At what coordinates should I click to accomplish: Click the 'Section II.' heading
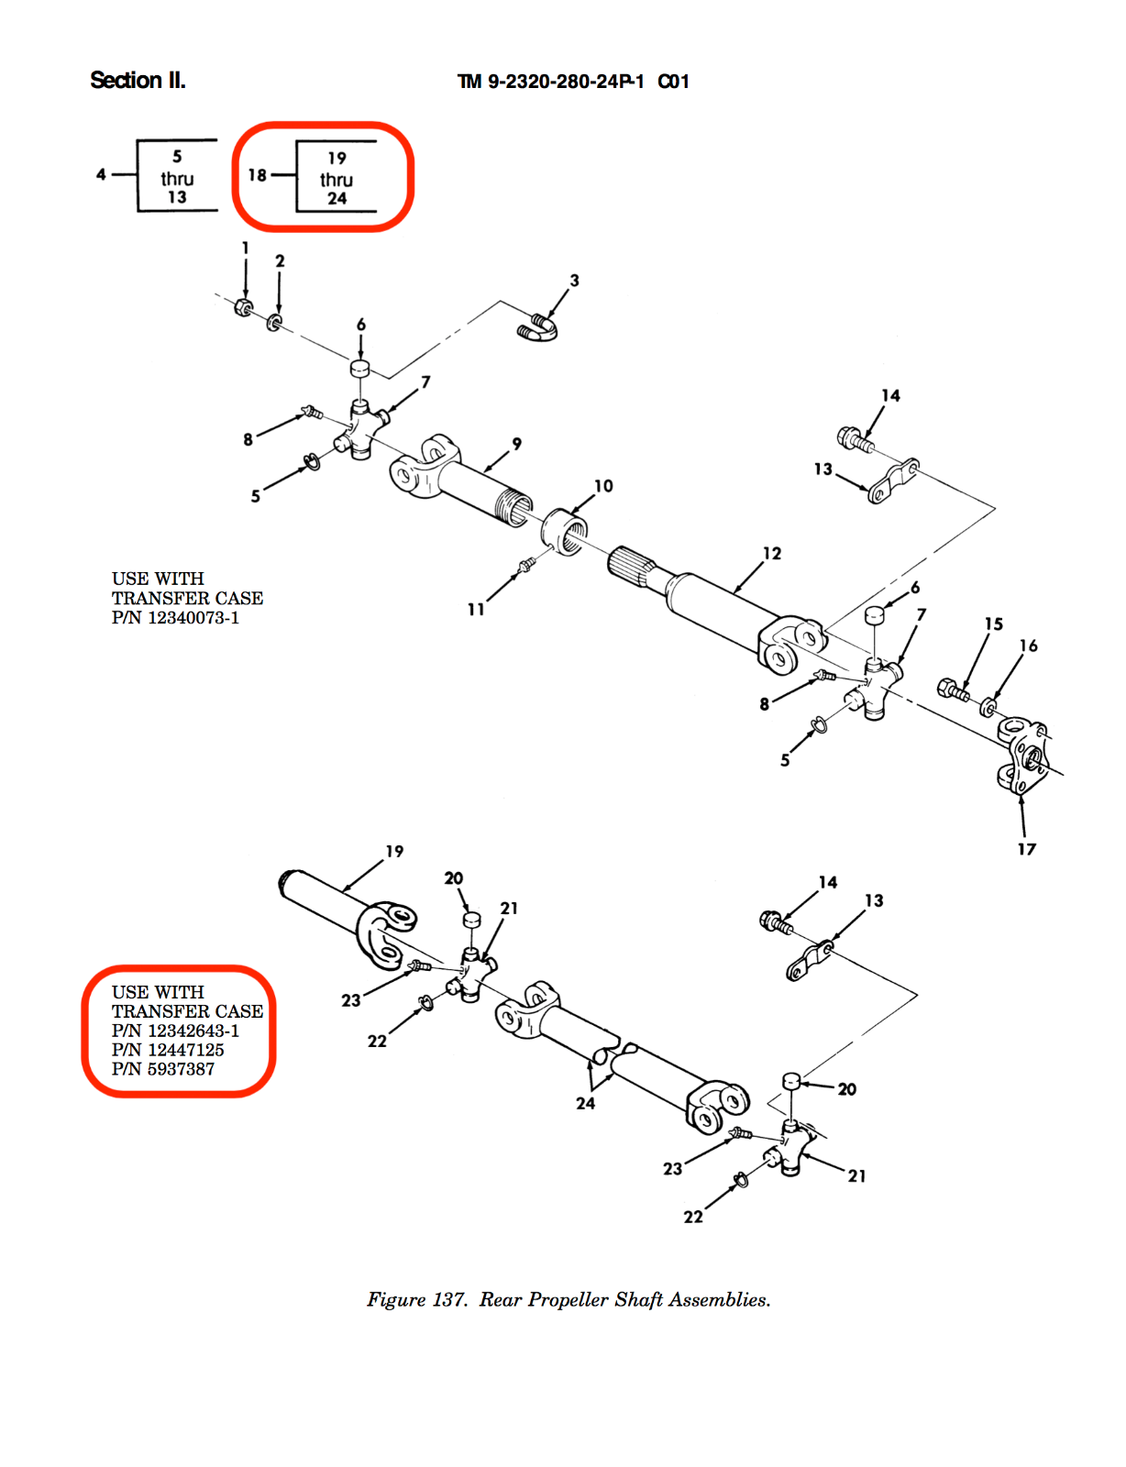(138, 81)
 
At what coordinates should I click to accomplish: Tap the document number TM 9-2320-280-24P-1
(550, 82)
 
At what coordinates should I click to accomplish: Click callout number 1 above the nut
(245, 248)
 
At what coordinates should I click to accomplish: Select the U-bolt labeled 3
(539, 329)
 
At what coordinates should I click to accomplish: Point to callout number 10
(603, 486)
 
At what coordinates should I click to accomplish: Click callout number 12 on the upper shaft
(772, 553)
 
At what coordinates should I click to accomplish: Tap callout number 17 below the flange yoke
(1026, 849)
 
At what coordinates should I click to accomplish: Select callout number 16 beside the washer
(1029, 645)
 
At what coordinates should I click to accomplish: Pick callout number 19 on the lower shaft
(394, 851)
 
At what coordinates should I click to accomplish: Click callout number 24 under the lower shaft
(585, 1103)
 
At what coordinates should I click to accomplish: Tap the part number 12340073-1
(193, 618)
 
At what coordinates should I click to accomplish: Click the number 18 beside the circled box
(258, 174)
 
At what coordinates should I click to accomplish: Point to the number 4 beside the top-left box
(101, 173)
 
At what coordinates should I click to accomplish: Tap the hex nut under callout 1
(244, 308)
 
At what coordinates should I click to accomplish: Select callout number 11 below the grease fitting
(476, 609)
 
